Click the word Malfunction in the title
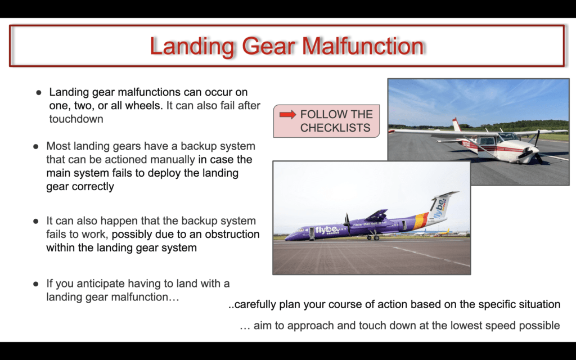pyautogui.click(x=363, y=46)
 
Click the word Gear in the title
pyautogui.click(x=268, y=47)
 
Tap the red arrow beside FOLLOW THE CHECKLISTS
pyautogui.click(x=287, y=115)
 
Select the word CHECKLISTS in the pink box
pyautogui.click(x=335, y=128)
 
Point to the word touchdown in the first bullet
pyautogui.click(x=76, y=119)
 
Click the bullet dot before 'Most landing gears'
pyautogui.click(x=35, y=147)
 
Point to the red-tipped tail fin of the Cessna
pyautogui.click(x=456, y=124)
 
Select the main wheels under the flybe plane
pyautogui.click(x=373, y=237)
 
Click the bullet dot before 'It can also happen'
pyautogui.click(x=35, y=221)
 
